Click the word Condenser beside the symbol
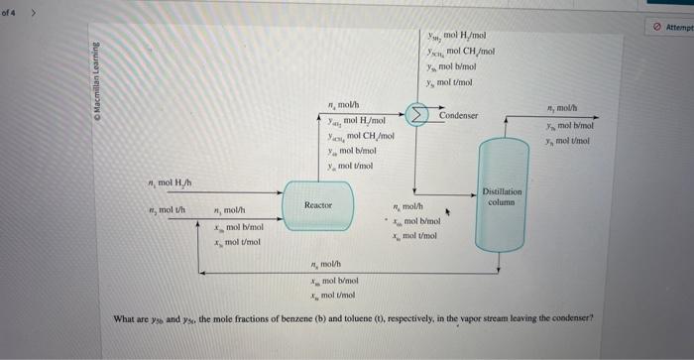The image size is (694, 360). tap(458, 116)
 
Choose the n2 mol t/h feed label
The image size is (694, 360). tap(163, 209)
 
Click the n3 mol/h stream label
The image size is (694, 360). tap(230, 210)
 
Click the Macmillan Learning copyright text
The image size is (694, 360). tap(98, 80)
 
